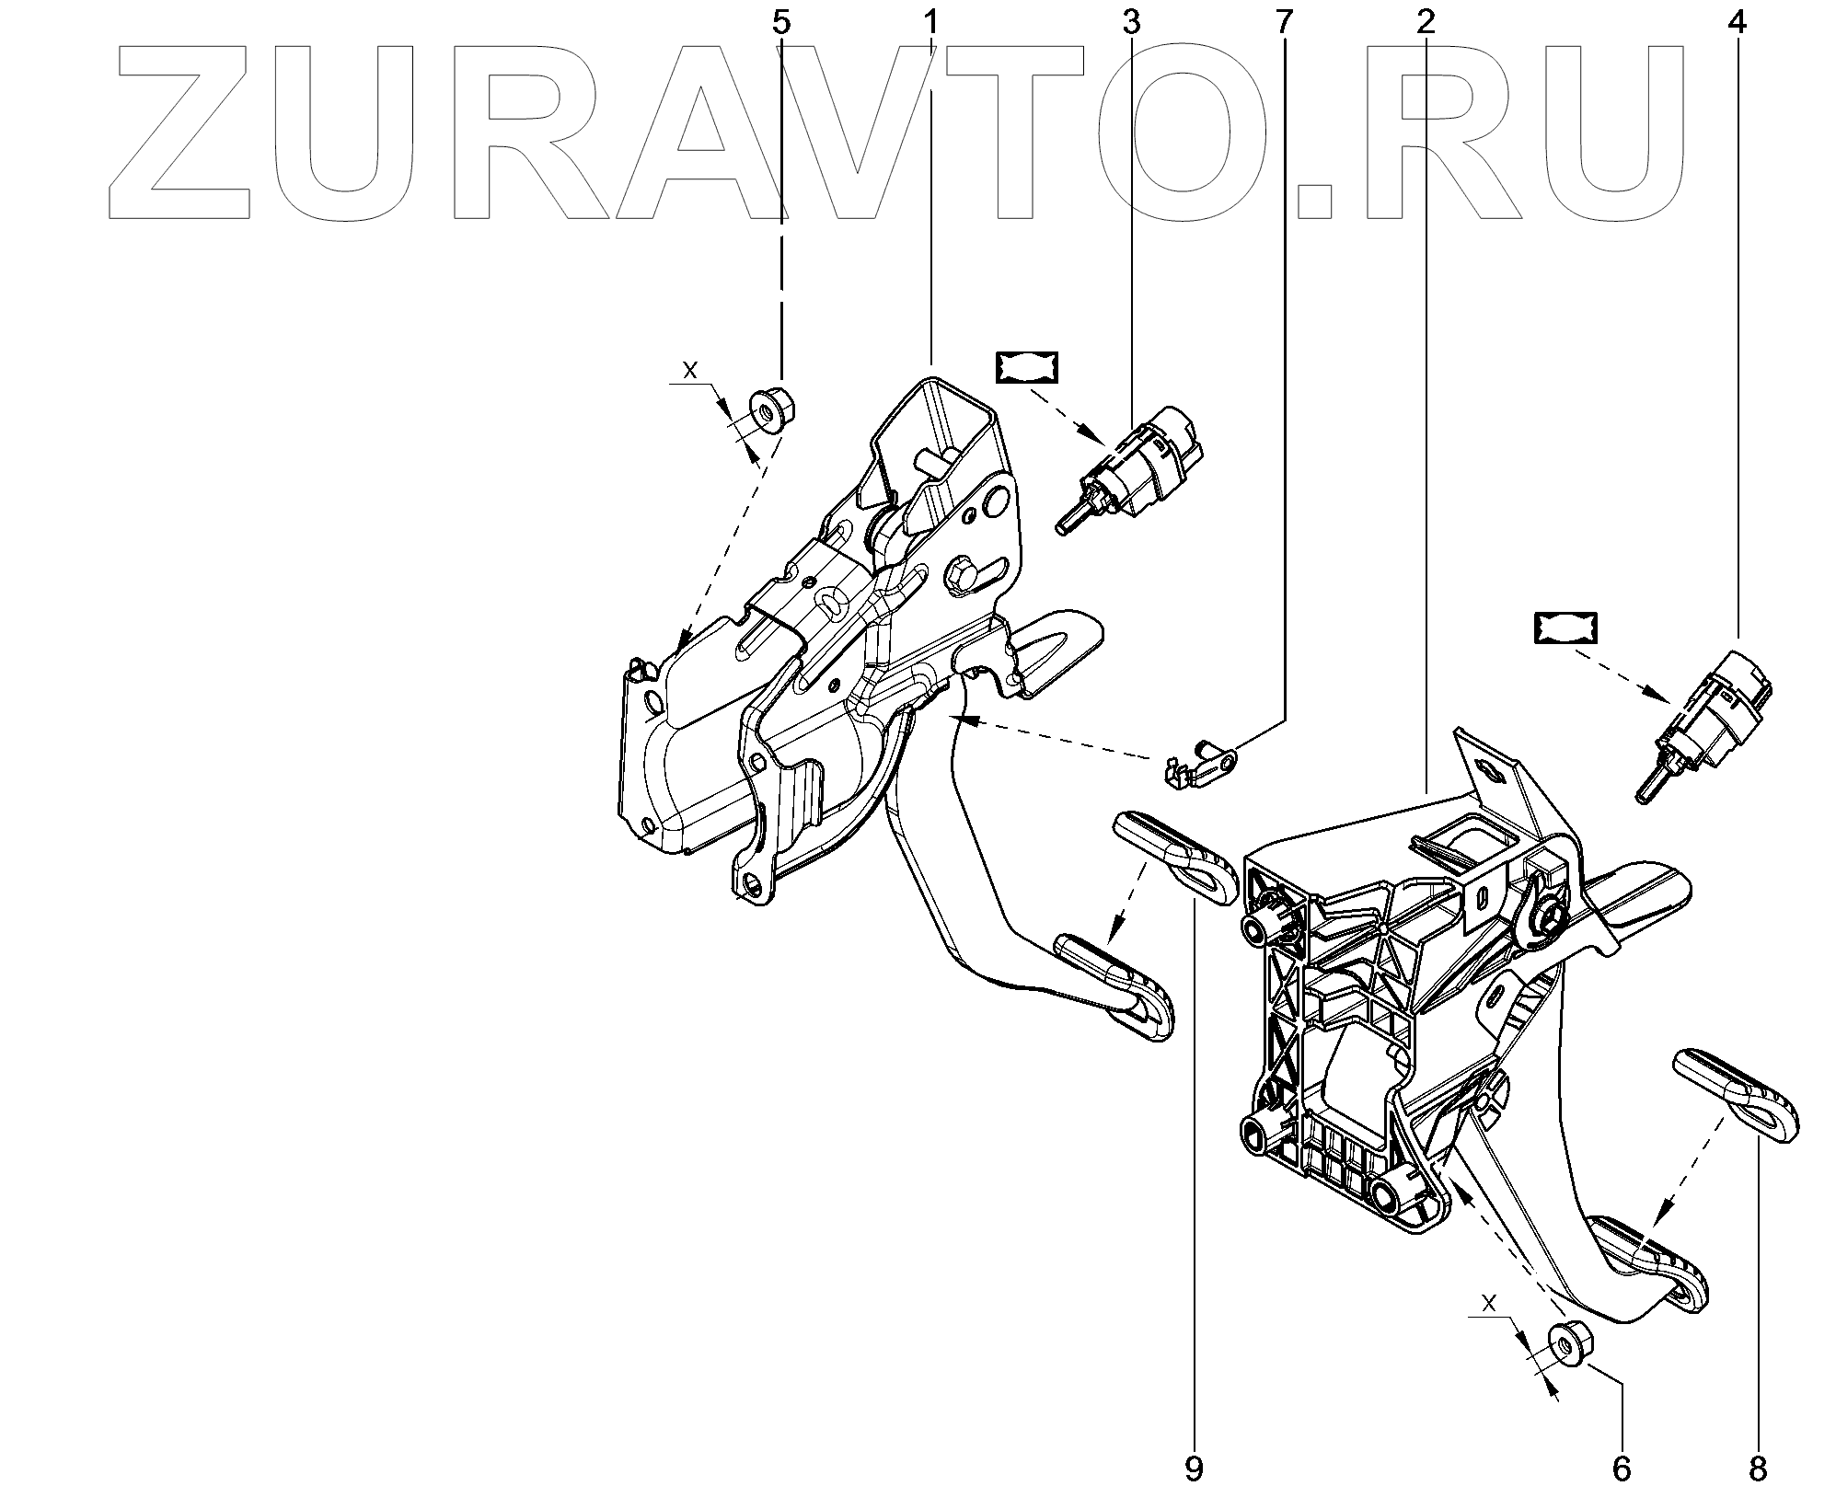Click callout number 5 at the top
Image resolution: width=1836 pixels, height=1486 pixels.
[x=780, y=22]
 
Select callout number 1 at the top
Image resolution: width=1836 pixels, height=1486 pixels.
[x=930, y=22]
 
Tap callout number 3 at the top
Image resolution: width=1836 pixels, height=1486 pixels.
[x=1131, y=22]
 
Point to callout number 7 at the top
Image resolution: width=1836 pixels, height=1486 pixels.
[x=1284, y=22]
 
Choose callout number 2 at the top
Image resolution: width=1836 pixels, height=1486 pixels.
[x=1425, y=22]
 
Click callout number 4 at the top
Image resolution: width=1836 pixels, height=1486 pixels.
[x=1737, y=22]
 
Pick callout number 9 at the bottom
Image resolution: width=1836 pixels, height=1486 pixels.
[x=1194, y=1469]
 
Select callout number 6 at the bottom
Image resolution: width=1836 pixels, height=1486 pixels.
[x=1622, y=1469]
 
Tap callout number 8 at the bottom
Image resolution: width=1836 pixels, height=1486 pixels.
[x=1759, y=1469]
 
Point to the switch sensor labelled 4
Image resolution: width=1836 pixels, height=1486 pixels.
[x=1708, y=726]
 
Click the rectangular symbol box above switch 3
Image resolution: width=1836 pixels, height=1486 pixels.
[x=1026, y=366]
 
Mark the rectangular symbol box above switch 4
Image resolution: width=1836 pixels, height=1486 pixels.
[x=1565, y=628]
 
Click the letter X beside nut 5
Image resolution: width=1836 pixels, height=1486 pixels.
[x=689, y=370]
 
